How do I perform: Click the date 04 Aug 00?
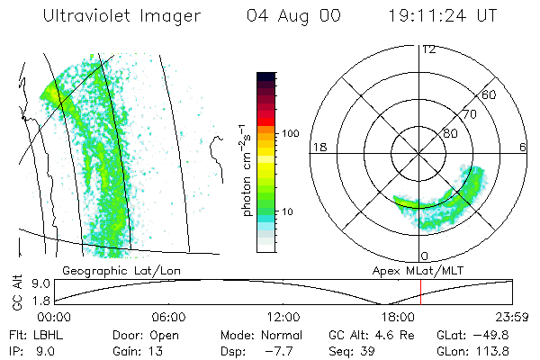[291, 17]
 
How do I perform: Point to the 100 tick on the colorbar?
[291, 133]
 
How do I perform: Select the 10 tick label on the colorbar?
[289, 212]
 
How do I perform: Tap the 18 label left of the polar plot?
[319, 147]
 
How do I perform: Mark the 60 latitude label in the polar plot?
[490, 94]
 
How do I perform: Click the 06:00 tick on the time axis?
[169, 317]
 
